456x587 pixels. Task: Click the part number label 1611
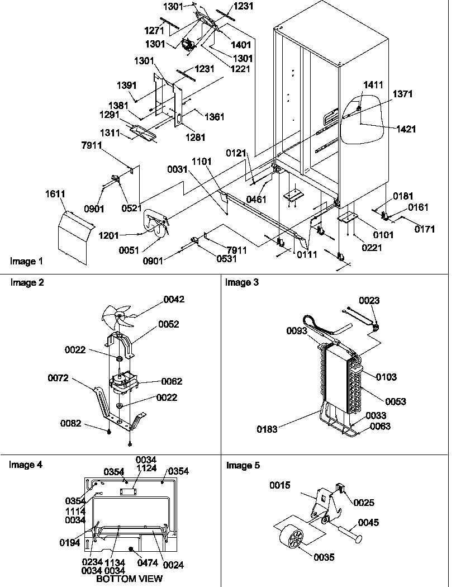[x=55, y=194]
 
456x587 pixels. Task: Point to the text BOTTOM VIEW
[x=129, y=579]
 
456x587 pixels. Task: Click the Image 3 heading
[x=242, y=282]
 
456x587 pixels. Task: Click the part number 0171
[x=425, y=229]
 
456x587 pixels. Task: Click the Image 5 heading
[x=243, y=465]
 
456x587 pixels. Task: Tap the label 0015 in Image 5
[x=279, y=486]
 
